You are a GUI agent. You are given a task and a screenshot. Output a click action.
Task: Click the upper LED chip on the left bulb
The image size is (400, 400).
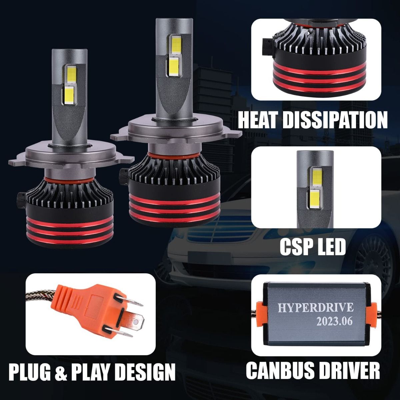(72, 75)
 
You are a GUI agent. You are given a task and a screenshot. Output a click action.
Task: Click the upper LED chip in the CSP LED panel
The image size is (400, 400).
(316, 177)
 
